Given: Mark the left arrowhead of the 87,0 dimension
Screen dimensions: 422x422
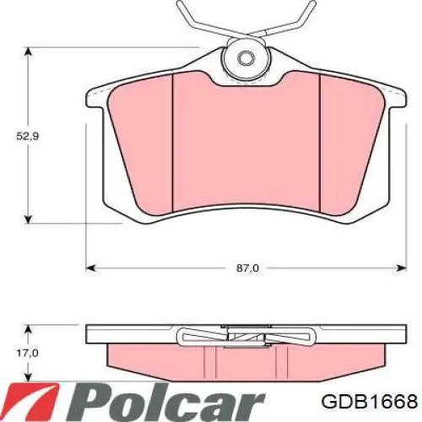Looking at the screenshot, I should (91, 268).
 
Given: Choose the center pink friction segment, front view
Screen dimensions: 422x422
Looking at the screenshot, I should (246, 143).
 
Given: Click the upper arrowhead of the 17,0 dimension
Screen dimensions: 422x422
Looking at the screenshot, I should (30, 326).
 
